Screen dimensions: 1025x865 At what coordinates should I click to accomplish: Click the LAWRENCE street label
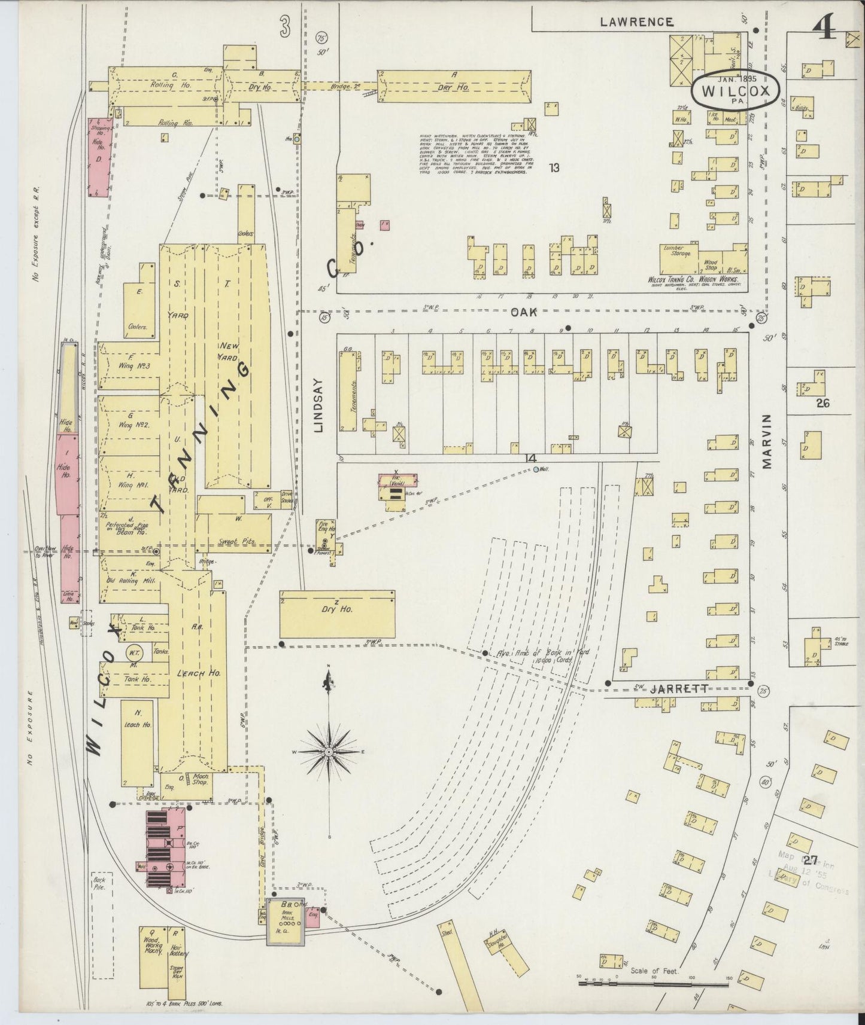click(x=637, y=22)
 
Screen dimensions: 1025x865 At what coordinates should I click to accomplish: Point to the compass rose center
click(x=329, y=751)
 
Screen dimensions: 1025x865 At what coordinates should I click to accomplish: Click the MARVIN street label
click(x=768, y=441)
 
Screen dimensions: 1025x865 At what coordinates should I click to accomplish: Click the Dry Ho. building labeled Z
click(x=337, y=614)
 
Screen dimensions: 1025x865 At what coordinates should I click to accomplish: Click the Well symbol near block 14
click(x=536, y=469)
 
